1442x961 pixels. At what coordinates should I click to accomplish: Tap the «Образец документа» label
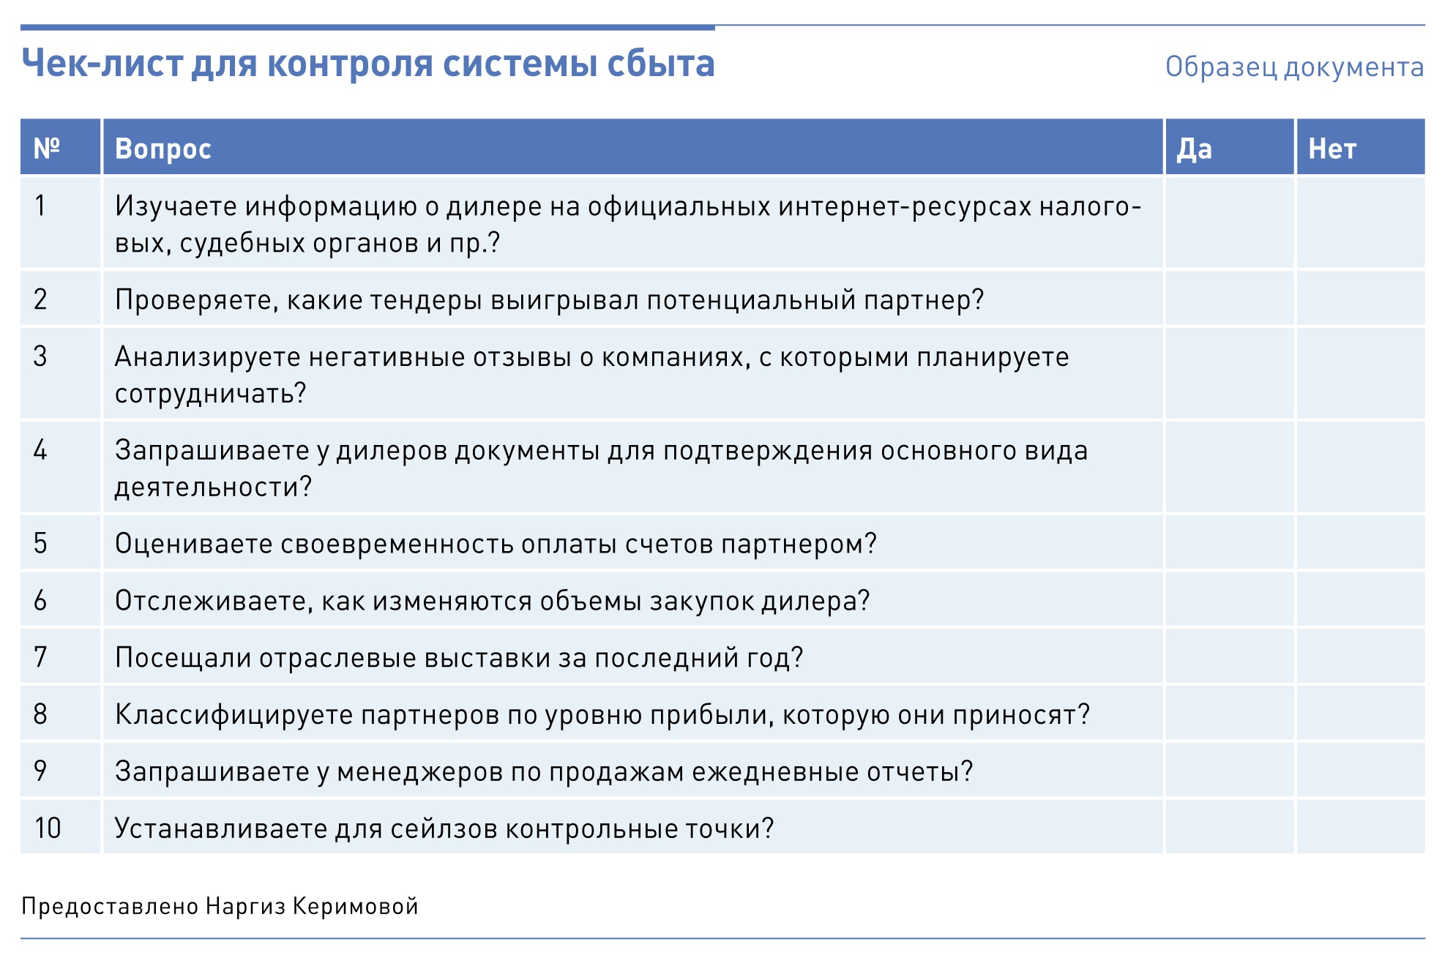click(1294, 67)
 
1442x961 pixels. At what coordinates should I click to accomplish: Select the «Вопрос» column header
click(163, 149)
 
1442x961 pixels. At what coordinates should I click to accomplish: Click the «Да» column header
click(1194, 149)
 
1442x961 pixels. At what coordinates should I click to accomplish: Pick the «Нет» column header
click(1332, 149)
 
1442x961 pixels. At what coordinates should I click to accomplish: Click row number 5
click(41, 543)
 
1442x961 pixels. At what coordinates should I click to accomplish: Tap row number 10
click(48, 828)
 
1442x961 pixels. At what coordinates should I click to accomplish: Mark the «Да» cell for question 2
click(1230, 299)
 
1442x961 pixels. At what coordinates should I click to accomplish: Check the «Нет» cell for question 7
click(1361, 657)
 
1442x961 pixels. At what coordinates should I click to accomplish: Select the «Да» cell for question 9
click(1230, 771)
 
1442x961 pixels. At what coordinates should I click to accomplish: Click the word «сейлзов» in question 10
click(444, 829)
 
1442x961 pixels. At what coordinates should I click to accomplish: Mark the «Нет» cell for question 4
click(1361, 467)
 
